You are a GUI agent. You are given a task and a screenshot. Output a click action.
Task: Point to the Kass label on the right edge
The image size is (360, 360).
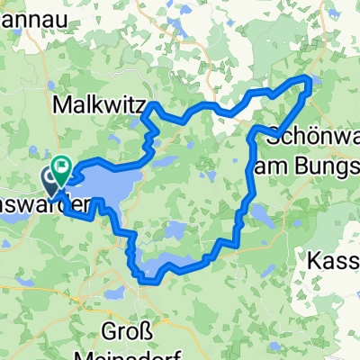click(334, 261)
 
